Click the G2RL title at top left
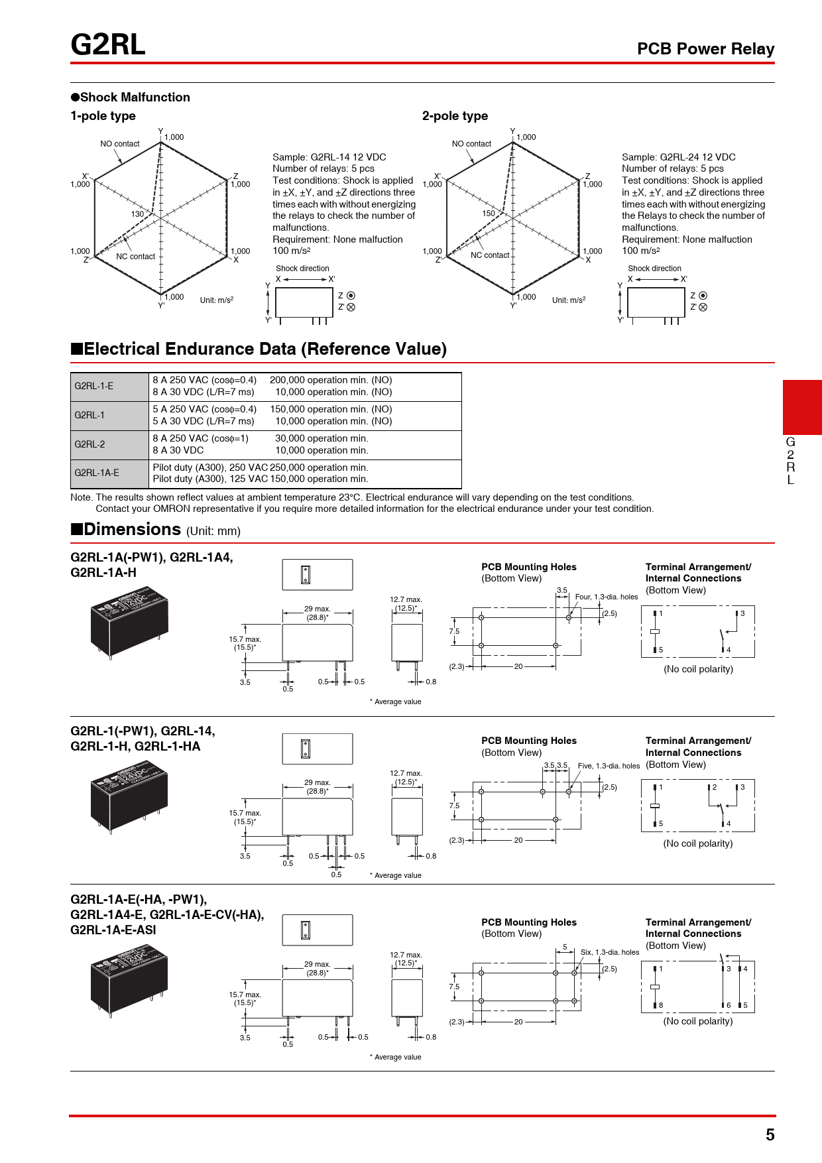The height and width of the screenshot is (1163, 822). (x=108, y=45)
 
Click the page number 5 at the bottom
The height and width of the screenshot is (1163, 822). (x=770, y=1134)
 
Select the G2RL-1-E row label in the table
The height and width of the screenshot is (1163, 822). (x=94, y=386)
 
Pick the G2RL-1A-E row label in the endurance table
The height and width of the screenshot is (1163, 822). (x=97, y=473)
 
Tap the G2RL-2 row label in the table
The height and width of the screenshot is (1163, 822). (x=90, y=444)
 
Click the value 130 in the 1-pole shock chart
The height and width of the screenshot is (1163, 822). (x=137, y=214)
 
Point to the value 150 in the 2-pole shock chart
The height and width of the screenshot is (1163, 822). (x=489, y=214)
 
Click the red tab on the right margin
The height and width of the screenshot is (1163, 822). (x=802, y=407)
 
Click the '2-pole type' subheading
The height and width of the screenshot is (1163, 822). (x=455, y=116)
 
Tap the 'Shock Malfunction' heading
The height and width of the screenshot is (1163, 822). (x=135, y=97)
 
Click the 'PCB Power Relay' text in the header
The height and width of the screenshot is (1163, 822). (x=705, y=49)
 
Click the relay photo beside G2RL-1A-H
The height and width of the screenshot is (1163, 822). (x=129, y=621)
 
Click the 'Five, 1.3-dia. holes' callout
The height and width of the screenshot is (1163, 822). (x=609, y=766)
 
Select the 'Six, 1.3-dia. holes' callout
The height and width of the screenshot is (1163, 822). (x=610, y=952)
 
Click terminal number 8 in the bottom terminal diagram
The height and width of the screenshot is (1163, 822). (x=661, y=1005)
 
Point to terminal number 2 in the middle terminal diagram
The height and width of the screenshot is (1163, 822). (x=715, y=787)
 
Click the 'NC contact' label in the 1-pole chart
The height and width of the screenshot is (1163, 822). (x=135, y=257)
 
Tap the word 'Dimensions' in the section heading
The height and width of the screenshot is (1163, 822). (x=132, y=530)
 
